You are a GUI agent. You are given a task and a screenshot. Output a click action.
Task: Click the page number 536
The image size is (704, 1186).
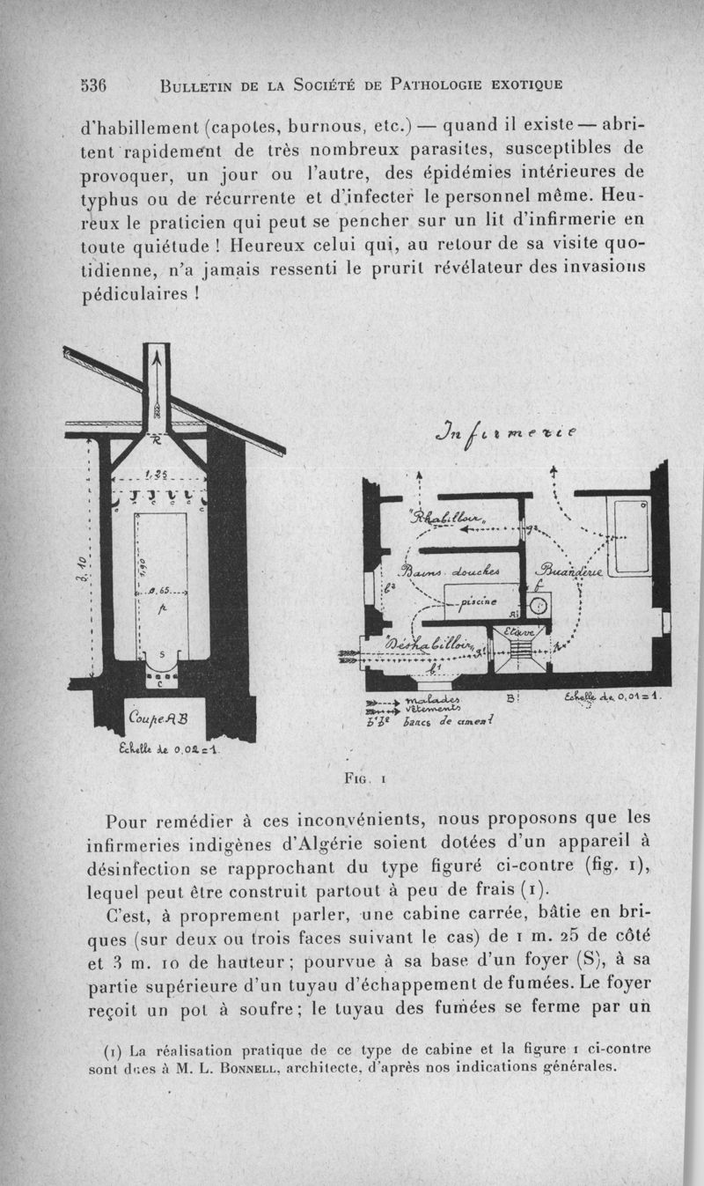coord(92,85)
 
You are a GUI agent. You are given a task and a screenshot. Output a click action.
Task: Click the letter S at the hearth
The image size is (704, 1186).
coord(159,653)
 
